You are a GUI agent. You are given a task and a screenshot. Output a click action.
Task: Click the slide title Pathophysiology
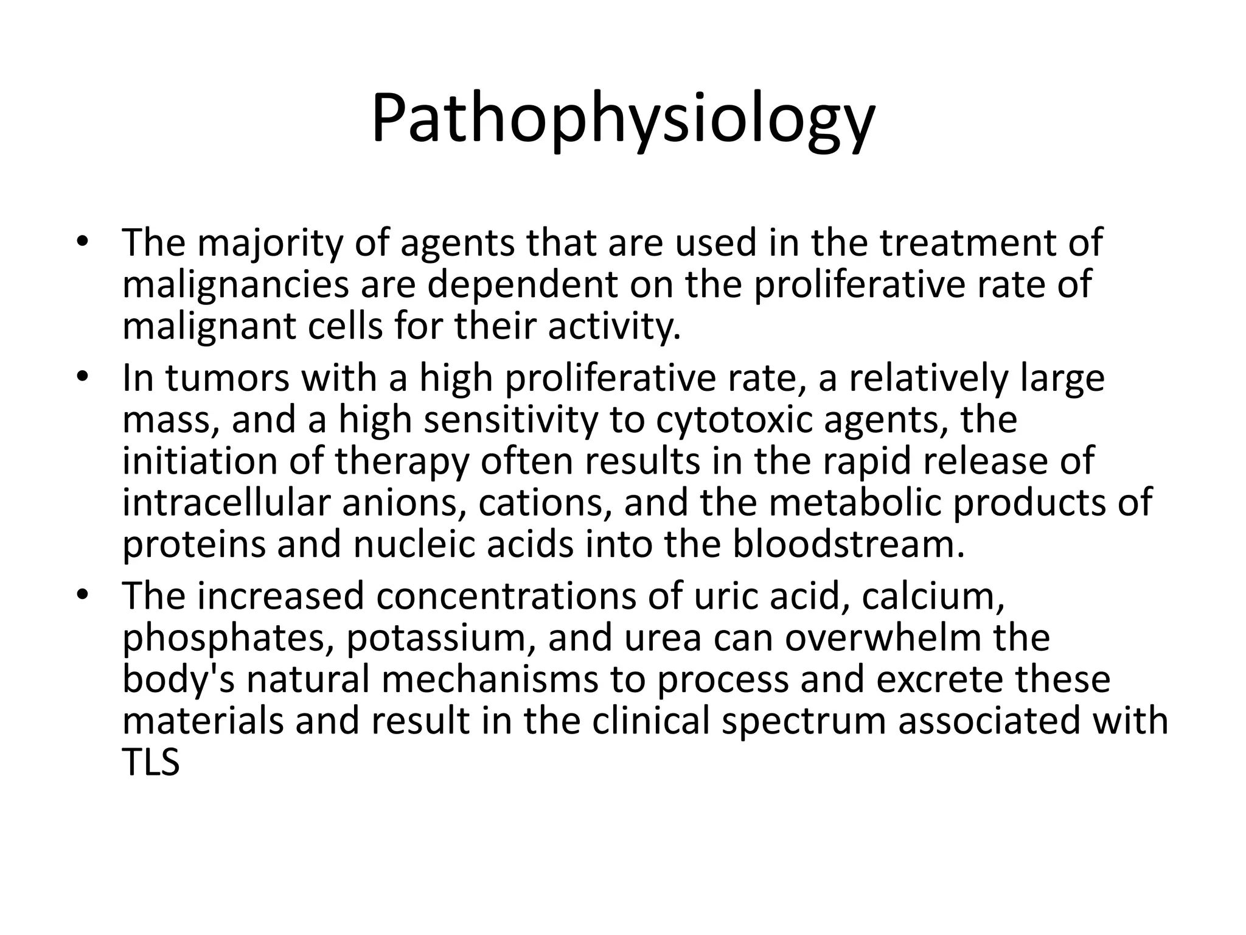[623, 120]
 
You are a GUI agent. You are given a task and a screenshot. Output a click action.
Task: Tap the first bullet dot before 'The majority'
[83, 242]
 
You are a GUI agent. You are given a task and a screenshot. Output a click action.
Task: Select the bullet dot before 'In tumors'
[83, 378]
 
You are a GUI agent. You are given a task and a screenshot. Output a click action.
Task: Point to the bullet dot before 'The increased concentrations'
[83, 595]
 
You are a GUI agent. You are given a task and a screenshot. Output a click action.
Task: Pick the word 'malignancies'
[235, 285]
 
